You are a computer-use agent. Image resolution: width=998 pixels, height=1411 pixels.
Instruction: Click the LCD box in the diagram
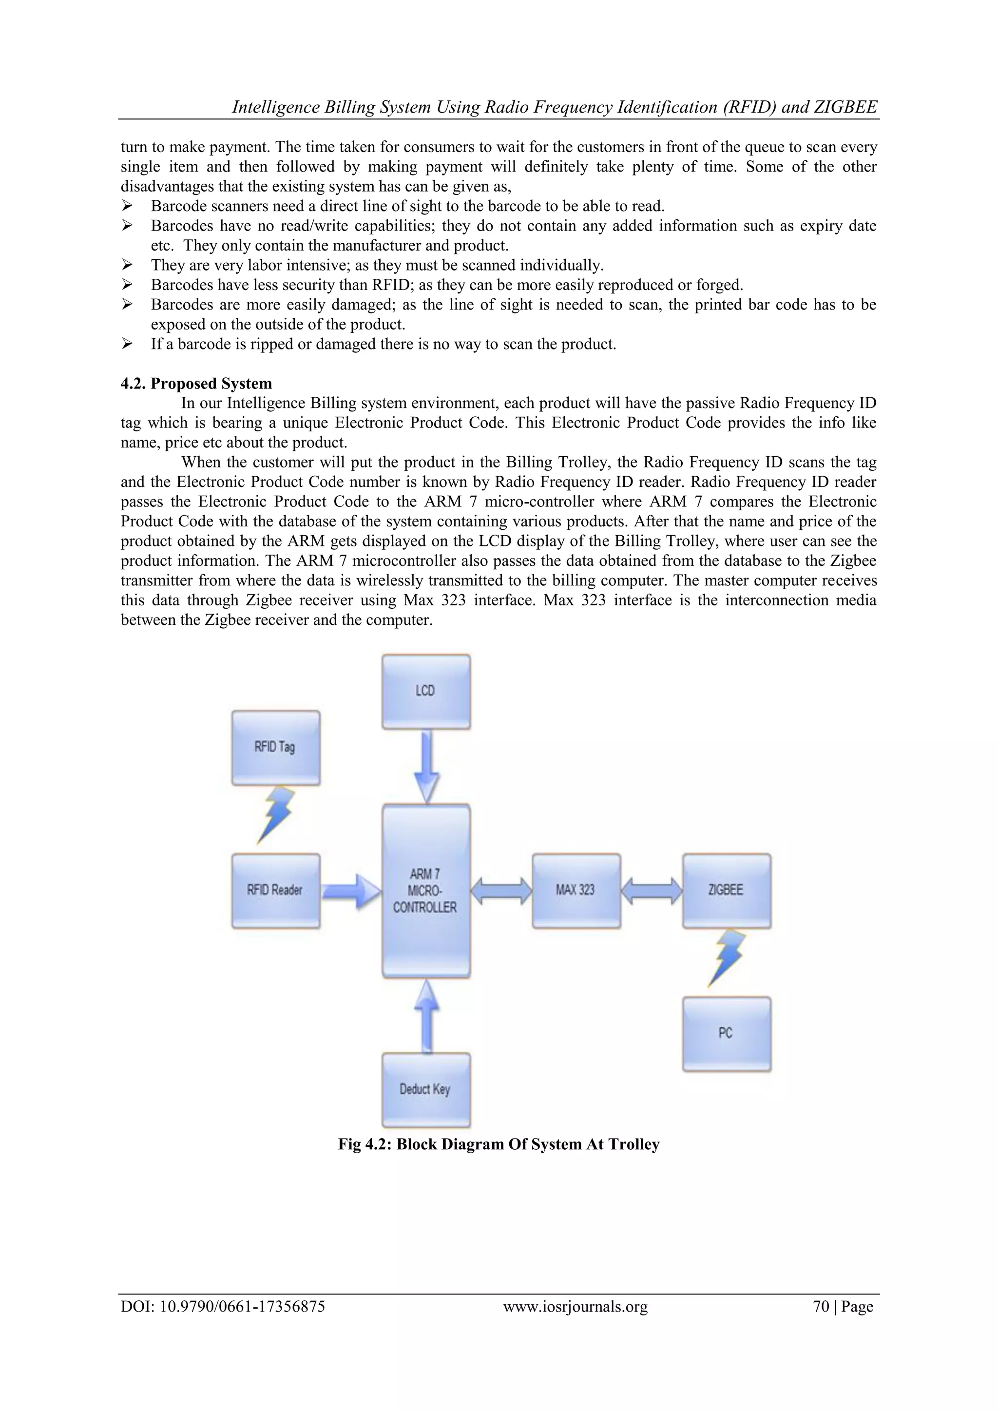coord(426,691)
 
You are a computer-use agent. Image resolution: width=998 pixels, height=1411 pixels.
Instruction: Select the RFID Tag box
coord(275,747)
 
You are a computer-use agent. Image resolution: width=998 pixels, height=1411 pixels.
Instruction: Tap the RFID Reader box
coord(275,890)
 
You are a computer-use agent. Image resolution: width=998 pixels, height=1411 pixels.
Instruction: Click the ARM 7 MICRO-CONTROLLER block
coord(426,890)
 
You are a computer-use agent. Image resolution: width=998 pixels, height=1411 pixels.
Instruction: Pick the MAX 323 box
coord(576,890)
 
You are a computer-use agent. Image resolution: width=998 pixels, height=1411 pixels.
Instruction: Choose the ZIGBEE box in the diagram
coord(727,890)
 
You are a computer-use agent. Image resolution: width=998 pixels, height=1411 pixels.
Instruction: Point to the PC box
coord(727,1034)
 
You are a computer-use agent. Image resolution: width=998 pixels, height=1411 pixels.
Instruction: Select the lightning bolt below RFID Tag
coord(275,814)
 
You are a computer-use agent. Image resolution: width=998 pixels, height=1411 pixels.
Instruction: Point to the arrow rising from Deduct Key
coord(426,1016)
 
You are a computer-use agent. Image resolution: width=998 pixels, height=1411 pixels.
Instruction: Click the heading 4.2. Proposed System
coord(196,384)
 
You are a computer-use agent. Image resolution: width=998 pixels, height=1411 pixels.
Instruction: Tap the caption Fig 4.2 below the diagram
coord(499,1144)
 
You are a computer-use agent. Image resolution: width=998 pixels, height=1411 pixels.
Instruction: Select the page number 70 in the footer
coord(821,1307)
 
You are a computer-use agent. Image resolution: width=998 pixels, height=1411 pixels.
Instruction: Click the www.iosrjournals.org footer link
coord(575,1307)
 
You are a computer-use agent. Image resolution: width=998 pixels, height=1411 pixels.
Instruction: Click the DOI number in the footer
coord(223,1307)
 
